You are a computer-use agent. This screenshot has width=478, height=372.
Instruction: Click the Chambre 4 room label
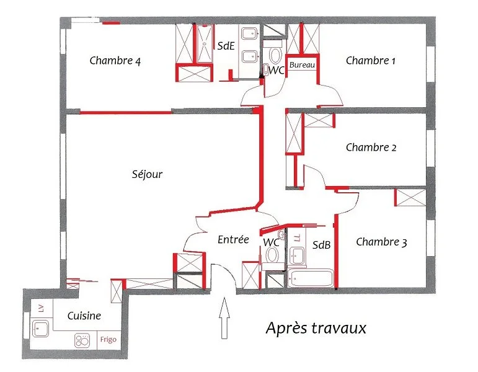point(115,61)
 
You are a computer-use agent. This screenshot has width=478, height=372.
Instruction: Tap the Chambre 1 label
point(370,60)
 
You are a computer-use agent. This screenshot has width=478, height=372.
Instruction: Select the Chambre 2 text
point(371,148)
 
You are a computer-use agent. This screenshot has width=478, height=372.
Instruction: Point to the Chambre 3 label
point(381,242)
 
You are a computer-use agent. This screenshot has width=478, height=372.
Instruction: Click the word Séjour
point(147,174)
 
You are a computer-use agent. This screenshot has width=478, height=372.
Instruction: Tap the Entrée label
point(233,239)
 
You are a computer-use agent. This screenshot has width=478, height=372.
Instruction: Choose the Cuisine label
point(84,316)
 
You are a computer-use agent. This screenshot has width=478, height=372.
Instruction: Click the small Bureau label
point(302,64)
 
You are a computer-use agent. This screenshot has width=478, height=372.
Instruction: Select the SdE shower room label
point(226,46)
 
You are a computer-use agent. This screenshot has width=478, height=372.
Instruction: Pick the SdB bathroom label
point(321,245)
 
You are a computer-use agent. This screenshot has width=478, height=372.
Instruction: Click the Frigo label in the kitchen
point(108,339)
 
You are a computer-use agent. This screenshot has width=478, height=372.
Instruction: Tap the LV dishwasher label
point(42,308)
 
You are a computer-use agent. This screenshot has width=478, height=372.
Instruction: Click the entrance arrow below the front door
point(224,317)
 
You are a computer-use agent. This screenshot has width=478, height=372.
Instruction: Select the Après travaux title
point(316,329)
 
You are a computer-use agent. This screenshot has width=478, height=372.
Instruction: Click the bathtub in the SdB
point(311,278)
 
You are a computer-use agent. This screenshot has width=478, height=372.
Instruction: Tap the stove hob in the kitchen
point(82,340)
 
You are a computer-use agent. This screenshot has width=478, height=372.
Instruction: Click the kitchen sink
point(40,329)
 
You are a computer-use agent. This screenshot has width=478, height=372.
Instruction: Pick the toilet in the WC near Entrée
point(272,255)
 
